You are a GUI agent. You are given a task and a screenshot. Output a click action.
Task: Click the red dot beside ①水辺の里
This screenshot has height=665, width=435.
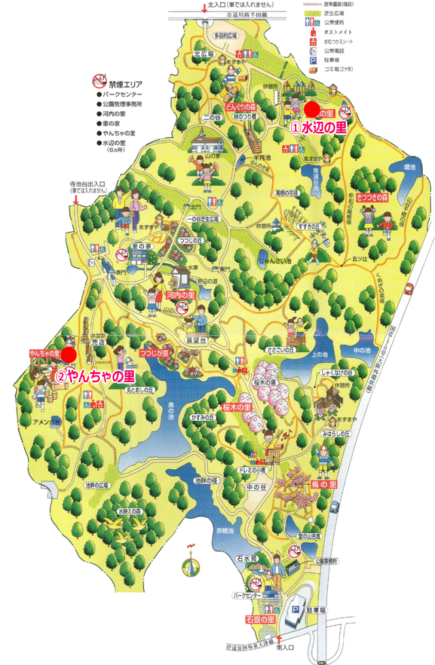[x=311, y=109]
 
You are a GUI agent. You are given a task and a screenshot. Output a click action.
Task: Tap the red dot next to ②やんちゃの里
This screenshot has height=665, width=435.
[x=69, y=354]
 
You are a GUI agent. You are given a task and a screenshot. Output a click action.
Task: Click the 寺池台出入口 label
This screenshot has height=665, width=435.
[x=86, y=184]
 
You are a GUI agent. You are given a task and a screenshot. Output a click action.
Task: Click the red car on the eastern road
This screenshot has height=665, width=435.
[x=409, y=288]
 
